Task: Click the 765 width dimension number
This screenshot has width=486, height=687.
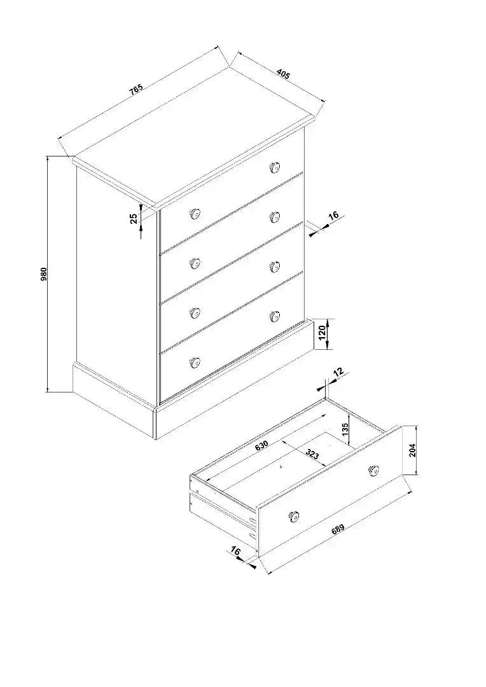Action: point(136,89)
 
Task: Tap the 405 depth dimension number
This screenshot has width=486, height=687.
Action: point(283,74)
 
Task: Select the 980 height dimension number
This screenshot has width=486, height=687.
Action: point(43,274)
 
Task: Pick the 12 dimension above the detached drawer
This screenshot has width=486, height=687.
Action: point(338,372)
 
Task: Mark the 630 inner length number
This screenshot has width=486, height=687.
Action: point(261,445)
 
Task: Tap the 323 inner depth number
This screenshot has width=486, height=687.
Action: point(312,454)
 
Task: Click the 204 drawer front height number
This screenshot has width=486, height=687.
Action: point(412,450)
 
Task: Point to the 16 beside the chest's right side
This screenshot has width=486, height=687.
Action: point(333,215)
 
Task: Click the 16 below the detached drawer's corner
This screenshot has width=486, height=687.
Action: point(235,551)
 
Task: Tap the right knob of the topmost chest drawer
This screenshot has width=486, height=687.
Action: point(275,167)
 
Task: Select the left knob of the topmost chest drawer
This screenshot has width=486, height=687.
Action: point(195,214)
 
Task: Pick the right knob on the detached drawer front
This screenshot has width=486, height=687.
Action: point(373,470)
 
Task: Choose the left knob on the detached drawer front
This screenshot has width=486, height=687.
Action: point(294,516)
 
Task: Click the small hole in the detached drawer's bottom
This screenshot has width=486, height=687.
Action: point(281,467)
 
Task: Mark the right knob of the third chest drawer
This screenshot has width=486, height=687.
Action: point(275,266)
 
